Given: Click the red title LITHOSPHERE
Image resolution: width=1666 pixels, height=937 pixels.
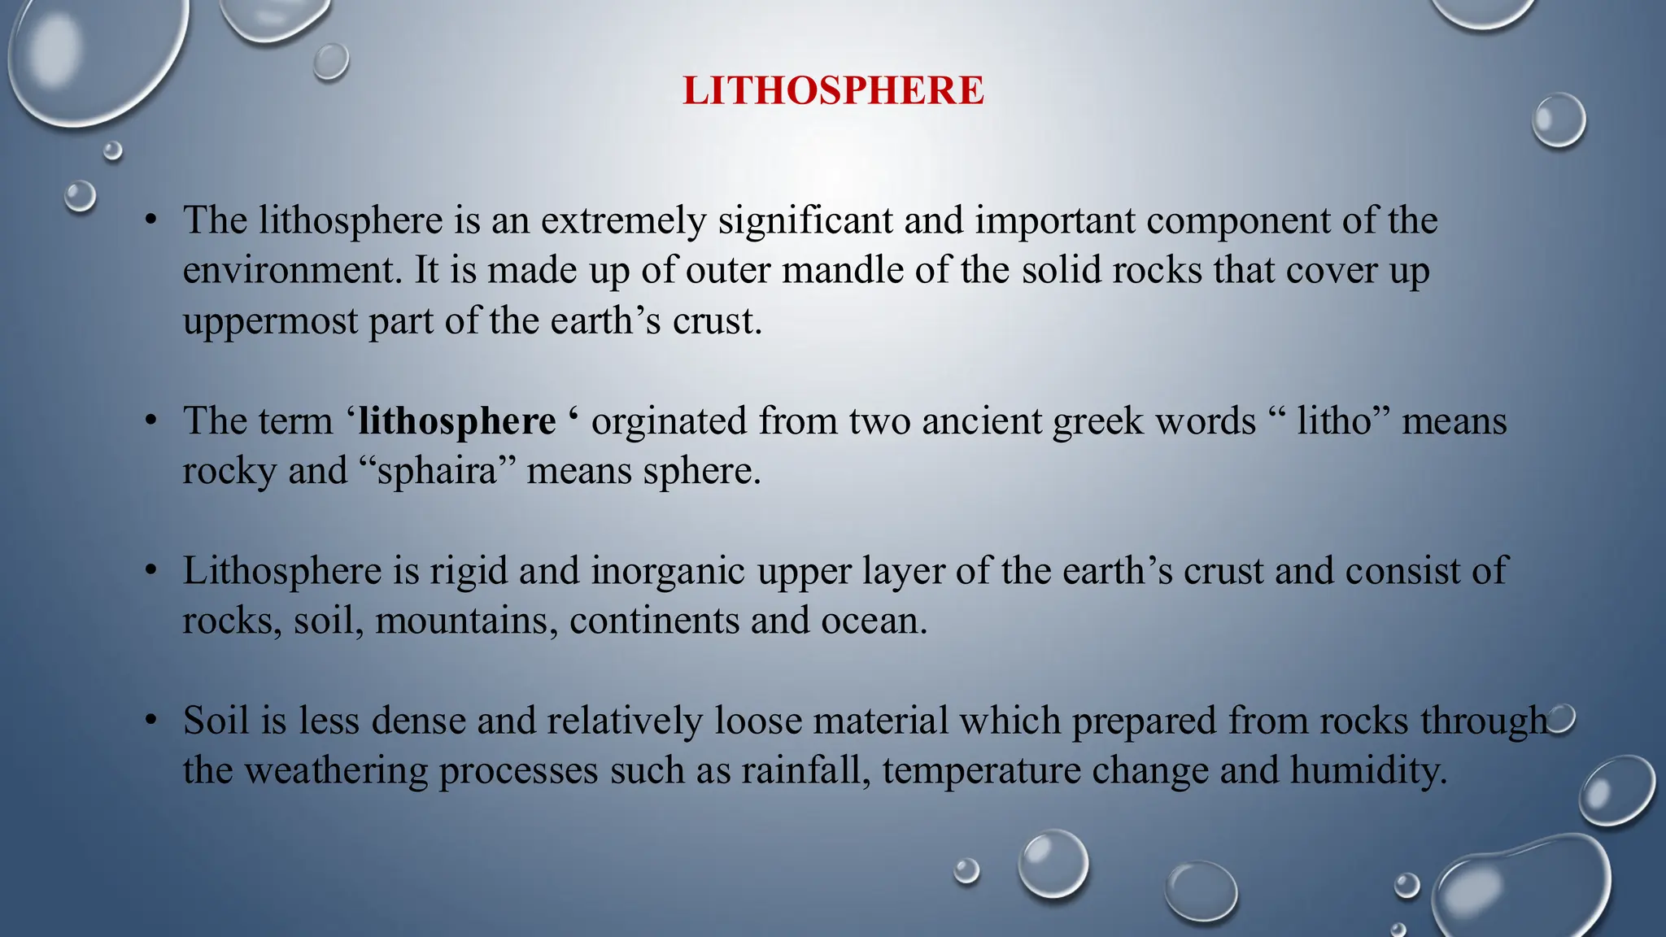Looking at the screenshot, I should (x=833, y=90).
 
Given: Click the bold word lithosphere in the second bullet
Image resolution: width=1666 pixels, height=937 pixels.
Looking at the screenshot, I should (x=457, y=421).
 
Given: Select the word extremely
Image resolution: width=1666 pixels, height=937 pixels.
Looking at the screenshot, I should (x=623, y=220).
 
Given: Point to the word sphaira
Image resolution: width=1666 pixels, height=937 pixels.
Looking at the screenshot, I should (x=437, y=471).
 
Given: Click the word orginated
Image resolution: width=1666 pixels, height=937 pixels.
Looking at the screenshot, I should (x=669, y=421).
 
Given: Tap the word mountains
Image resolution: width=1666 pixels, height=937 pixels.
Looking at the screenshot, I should (x=466, y=621).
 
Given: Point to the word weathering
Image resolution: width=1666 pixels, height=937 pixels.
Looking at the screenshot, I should (x=336, y=770).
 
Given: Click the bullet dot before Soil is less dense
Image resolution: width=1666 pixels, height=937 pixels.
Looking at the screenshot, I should (x=150, y=721).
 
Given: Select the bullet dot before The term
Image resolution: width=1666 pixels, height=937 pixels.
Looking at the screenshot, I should (x=150, y=421).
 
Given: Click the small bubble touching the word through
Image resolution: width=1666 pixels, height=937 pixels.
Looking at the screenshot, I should (x=1564, y=719).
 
